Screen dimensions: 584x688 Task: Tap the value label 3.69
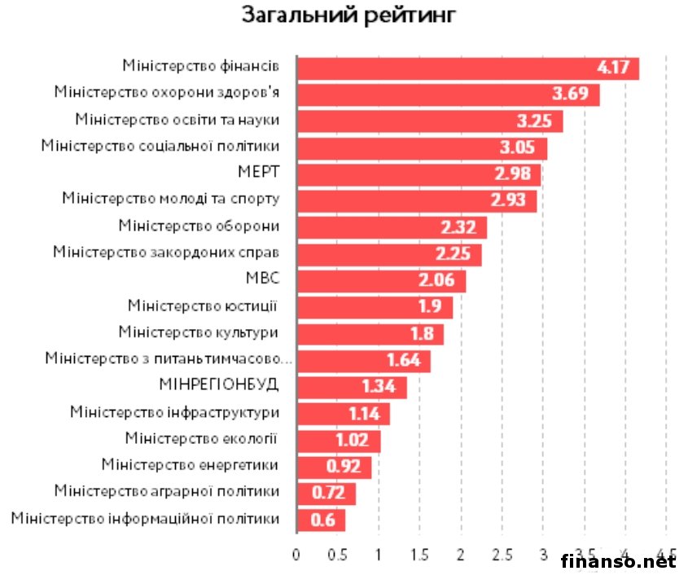pyautogui.click(x=569, y=94)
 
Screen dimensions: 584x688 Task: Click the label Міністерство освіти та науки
pyautogui.click(x=177, y=120)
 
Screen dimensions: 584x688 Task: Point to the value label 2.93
pyautogui.click(x=508, y=200)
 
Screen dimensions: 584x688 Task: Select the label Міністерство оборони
pyautogui.click(x=199, y=226)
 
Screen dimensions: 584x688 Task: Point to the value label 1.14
pyautogui.click(x=364, y=413)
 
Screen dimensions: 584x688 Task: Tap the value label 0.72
pyautogui.click(x=330, y=492)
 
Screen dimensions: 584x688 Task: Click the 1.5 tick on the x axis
pyautogui.click(x=419, y=556)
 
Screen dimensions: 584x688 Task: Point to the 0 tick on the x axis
pyautogui.click(x=296, y=556)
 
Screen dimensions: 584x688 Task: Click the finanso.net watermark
pyautogui.click(x=618, y=562)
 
